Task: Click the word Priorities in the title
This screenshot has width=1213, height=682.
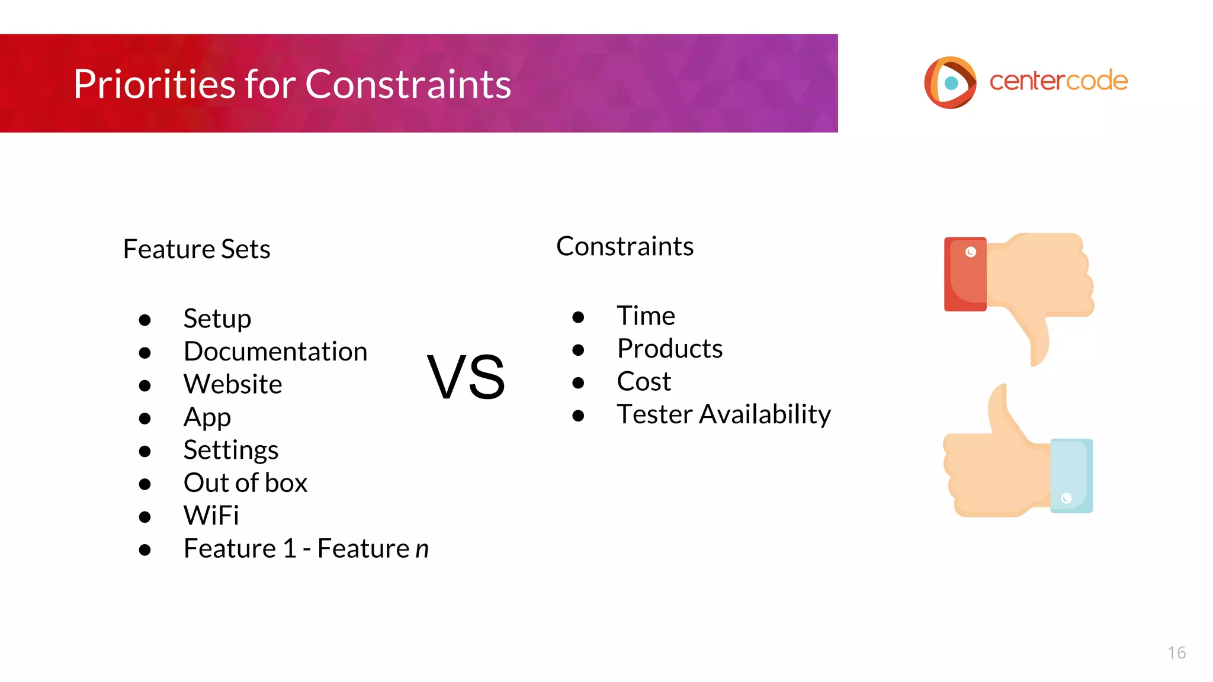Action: pyautogui.click(x=154, y=84)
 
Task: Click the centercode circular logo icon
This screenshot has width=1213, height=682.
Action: pyautogui.click(x=950, y=82)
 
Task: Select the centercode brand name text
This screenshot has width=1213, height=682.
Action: pyautogui.click(x=1058, y=81)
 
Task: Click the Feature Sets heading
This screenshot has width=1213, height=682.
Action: pyautogui.click(x=197, y=249)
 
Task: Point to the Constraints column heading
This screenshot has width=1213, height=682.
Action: pyautogui.click(x=625, y=246)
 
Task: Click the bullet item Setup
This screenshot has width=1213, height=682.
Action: pyautogui.click(x=217, y=319)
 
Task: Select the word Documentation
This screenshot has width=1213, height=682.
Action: pyautogui.click(x=275, y=352)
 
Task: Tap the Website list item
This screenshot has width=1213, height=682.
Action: pyautogui.click(x=233, y=384)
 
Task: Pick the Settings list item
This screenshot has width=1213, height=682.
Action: pyautogui.click(x=231, y=450)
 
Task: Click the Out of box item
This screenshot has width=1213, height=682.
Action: pyautogui.click(x=245, y=483)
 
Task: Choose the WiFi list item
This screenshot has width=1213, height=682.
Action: pyautogui.click(x=211, y=516)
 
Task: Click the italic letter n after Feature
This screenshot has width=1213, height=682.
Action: pyautogui.click(x=422, y=549)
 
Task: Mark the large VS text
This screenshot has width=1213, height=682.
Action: pyautogui.click(x=466, y=377)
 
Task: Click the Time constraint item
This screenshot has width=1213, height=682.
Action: pyautogui.click(x=646, y=316)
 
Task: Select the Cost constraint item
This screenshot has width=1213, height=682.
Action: pyautogui.click(x=644, y=381)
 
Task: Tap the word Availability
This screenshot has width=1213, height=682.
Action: pyautogui.click(x=765, y=414)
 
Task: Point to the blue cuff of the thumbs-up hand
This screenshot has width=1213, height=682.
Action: pyautogui.click(x=1071, y=476)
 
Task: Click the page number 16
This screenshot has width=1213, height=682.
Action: pyautogui.click(x=1176, y=652)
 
